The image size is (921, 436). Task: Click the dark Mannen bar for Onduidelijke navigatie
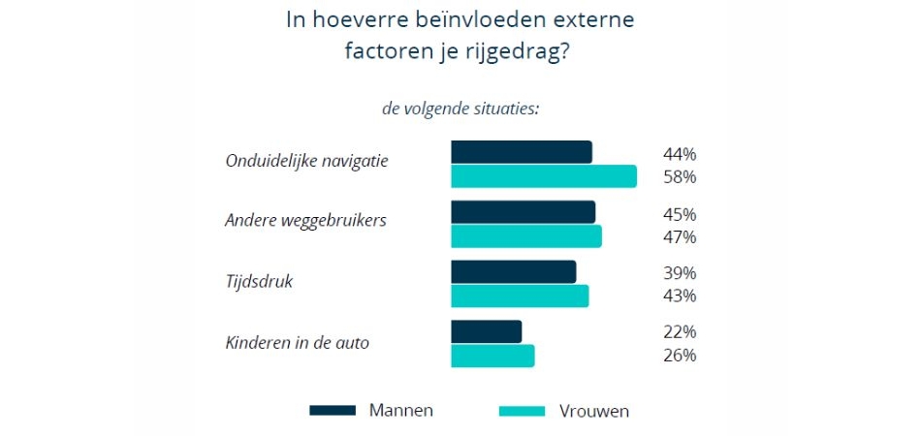[522, 152]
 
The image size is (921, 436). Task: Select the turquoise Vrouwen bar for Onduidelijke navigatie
[544, 176]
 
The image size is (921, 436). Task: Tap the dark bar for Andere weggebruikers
[524, 212]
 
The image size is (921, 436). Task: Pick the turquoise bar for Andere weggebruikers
[526, 236]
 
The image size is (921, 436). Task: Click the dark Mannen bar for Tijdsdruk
[514, 272]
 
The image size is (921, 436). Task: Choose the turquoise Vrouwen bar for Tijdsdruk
[520, 296]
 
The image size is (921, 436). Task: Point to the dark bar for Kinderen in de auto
[487, 331]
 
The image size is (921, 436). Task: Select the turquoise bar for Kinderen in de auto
[492, 356]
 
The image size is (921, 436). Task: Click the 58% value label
[680, 177]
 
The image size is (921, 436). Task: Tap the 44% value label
[680, 154]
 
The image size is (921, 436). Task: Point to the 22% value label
[680, 331]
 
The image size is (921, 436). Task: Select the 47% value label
[680, 237]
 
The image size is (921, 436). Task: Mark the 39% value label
[680, 272]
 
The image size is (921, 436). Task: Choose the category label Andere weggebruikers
[305, 220]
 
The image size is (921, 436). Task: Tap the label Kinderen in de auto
[297, 342]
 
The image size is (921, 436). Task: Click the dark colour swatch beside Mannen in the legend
[333, 410]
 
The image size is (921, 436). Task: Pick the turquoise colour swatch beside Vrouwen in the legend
[522, 411]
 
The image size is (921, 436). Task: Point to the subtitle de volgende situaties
[460, 109]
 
